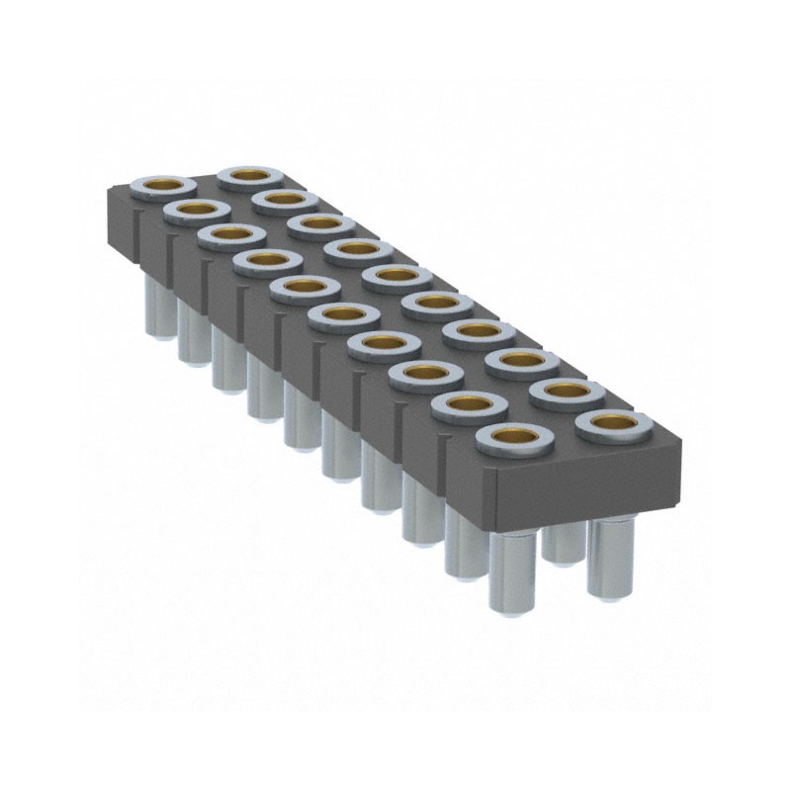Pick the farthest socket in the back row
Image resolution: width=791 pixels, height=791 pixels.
point(250,176)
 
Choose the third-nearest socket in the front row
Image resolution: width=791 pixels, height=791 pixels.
point(426,373)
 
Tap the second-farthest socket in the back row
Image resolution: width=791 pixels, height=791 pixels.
point(285,200)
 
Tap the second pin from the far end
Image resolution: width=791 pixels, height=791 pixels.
point(190,331)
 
